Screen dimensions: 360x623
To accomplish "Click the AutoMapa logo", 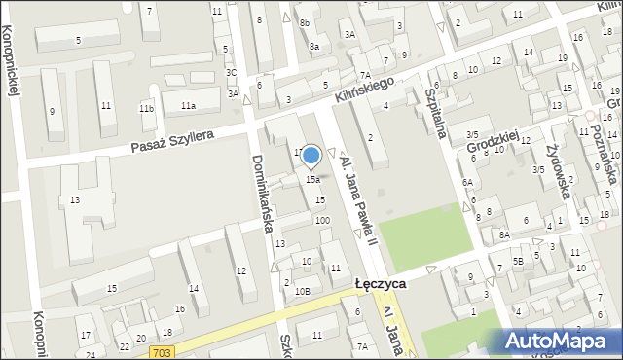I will (561, 341).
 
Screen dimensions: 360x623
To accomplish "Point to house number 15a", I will (313, 180).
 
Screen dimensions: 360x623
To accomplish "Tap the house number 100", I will (321, 221).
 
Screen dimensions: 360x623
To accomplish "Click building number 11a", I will (187, 105).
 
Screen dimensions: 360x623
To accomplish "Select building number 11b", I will (146, 108).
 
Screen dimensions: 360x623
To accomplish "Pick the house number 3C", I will (231, 72).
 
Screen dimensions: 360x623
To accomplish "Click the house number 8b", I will (305, 22).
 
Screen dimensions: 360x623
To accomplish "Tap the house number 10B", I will (302, 291).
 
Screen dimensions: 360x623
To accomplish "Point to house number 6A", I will (467, 182).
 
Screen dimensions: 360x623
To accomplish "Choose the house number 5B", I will (519, 261).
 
